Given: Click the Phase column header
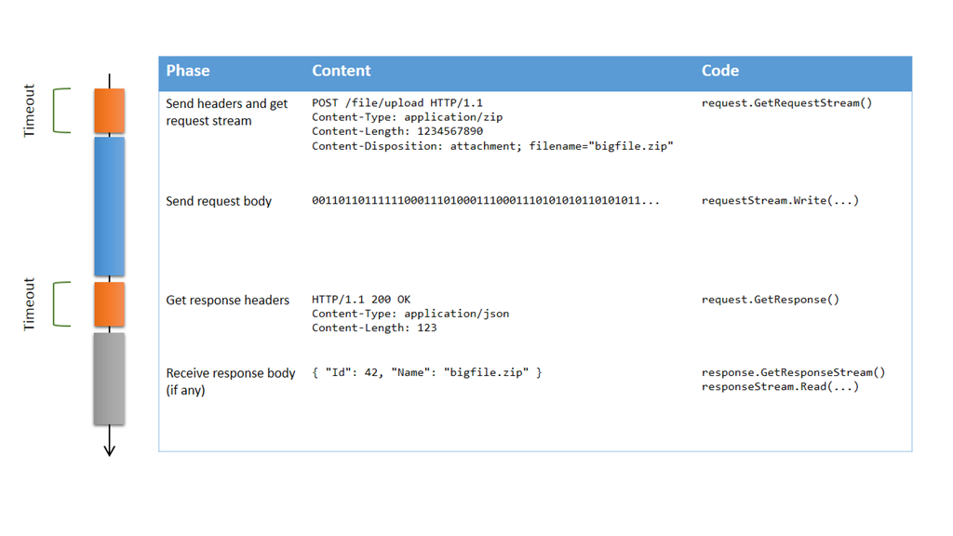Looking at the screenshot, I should click(x=188, y=71).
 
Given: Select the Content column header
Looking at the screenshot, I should click(x=341, y=71).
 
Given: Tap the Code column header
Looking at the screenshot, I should click(x=719, y=71).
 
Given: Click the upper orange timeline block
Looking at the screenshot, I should click(x=109, y=111).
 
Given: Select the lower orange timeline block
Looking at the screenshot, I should click(x=109, y=305).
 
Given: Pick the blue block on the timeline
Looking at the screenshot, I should click(x=109, y=207).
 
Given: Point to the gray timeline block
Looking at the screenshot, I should click(x=109, y=379).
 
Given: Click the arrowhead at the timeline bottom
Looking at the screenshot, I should click(x=109, y=449).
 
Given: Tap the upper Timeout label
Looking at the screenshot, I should click(x=29, y=111).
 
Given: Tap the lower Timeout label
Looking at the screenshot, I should click(x=29, y=304).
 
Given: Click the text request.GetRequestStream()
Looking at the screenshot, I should click(x=786, y=103).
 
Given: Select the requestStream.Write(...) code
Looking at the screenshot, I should click(x=780, y=201).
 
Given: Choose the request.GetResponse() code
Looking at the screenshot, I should click(x=770, y=300).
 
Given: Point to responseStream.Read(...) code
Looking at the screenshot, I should click(x=780, y=386).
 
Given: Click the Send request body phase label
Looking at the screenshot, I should click(x=219, y=201).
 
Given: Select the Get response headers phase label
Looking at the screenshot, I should click(x=227, y=300).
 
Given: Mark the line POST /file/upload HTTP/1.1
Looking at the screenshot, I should click(x=397, y=103).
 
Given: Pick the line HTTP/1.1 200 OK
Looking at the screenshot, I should click(x=361, y=300).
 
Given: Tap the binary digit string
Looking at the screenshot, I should click(x=486, y=201).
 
